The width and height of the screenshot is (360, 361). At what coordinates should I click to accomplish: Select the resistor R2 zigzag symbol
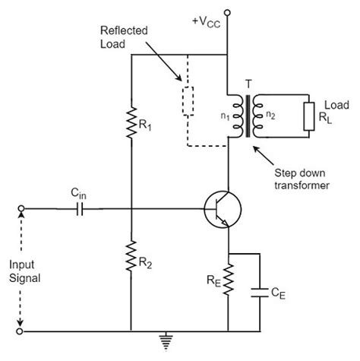[131, 255]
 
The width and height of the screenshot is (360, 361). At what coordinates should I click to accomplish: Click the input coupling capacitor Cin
[78, 207]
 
